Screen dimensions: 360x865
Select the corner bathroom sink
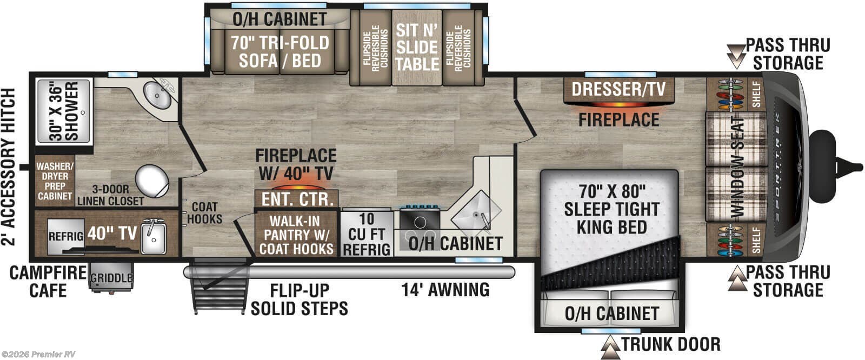(157, 97)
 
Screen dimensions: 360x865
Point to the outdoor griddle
(111, 277)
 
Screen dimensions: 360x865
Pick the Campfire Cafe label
(48, 282)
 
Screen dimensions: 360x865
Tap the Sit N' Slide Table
(417, 47)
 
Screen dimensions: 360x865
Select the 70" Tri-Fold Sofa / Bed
(280, 51)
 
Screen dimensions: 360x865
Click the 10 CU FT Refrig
(367, 234)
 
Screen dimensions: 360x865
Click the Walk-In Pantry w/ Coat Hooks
(296, 234)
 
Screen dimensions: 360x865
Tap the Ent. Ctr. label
(297, 198)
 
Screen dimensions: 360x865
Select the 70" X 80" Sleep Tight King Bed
(611, 216)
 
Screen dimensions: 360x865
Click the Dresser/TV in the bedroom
(618, 89)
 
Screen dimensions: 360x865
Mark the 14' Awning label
(445, 290)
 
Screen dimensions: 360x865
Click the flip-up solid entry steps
(215, 289)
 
